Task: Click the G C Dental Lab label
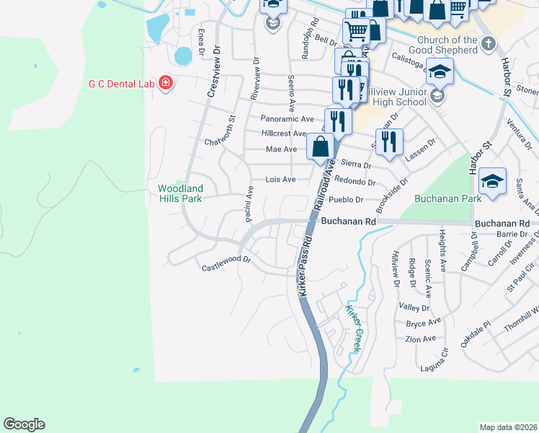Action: point(121,84)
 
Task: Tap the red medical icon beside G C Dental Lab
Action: point(166,84)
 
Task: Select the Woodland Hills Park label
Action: point(181,193)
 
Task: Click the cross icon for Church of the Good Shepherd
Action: point(489,44)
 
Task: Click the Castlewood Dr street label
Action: point(226,263)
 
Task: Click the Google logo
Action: point(24,424)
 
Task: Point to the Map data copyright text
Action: point(508,427)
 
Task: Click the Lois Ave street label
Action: point(280,179)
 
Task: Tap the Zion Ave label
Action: point(420,338)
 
